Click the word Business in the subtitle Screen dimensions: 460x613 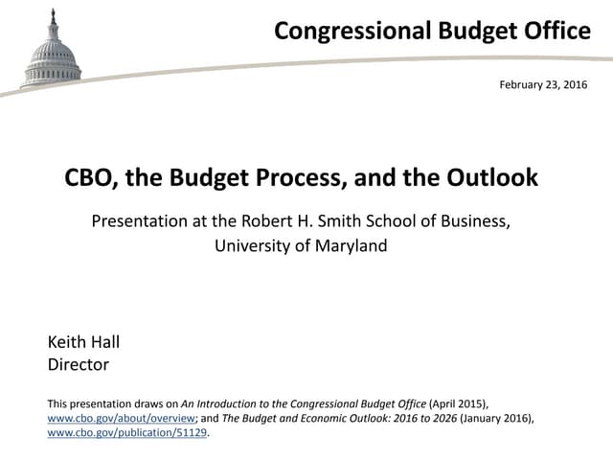pyautogui.click(x=473, y=221)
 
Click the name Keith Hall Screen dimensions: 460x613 pyautogui.click(x=83, y=342)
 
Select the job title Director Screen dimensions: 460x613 pyautogui.click(x=79, y=364)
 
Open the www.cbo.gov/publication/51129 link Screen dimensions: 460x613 pyautogui.click(x=126, y=433)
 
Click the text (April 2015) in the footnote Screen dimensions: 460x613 pyautogui.click(x=459, y=403)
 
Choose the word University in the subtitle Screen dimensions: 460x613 pyautogui.click(x=254, y=245)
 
